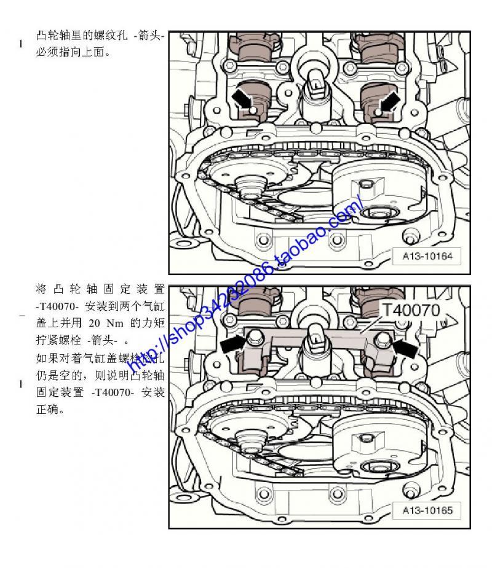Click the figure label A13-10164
click(427, 257)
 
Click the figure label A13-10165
click(427, 510)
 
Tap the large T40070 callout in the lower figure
click(411, 310)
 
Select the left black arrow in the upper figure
click(242, 98)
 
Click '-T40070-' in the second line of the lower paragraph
click(57, 306)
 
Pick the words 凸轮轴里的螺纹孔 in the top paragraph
click(82, 36)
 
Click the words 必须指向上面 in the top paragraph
click(70, 52)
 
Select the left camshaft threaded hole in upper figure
click(253, 110)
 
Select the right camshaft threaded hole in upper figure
click(378, 112)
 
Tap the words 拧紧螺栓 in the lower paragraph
click(59, 340)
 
